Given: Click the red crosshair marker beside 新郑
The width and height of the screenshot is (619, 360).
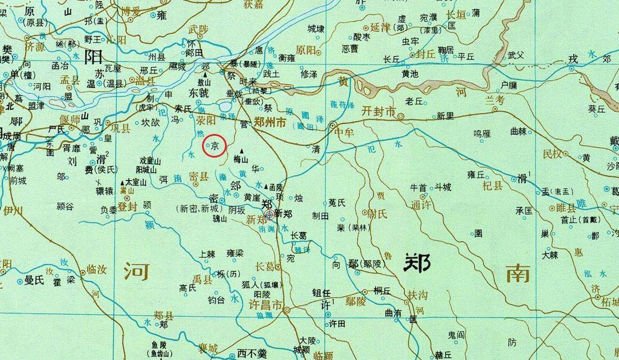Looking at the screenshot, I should coord(269,214).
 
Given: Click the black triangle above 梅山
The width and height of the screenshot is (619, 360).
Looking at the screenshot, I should coord(241,151).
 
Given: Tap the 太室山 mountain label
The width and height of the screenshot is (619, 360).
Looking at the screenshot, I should coord(135,182).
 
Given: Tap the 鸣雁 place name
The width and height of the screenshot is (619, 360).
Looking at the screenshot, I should coord(482,133).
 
